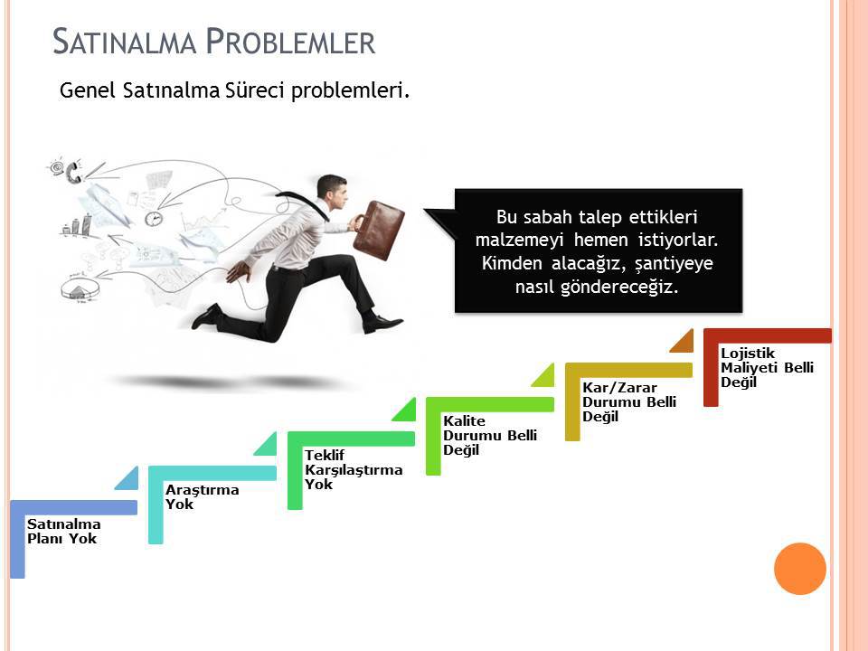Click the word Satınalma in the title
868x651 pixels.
point(125,42)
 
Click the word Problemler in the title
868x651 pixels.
point(290,42)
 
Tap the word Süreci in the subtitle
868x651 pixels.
point(255,90)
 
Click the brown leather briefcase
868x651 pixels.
point(379,230)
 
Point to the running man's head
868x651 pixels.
point(332,191)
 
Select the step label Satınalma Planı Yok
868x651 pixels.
point(63,532)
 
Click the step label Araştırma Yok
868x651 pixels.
point(202,496)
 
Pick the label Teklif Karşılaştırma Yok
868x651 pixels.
point(354,469)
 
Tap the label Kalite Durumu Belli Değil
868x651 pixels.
point(490,435)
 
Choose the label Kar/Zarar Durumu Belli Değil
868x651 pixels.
point(629,401)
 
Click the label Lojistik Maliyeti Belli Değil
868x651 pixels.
point(767,368)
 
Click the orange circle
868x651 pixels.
point(800,569)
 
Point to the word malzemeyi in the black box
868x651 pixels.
point(519,240)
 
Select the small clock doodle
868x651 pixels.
point(154,218)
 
